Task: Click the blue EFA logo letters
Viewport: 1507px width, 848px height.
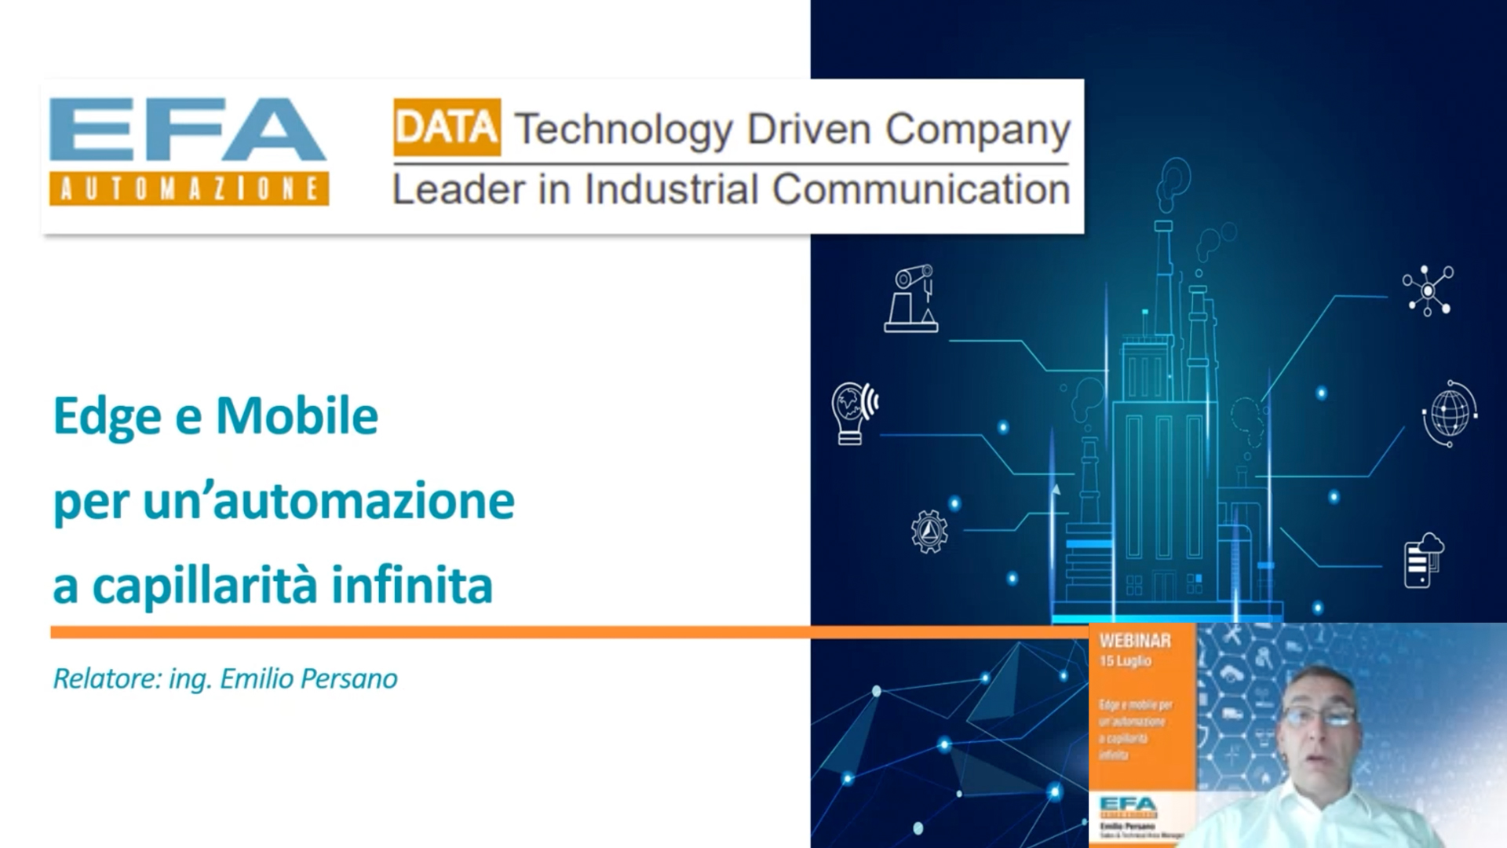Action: point(187,129)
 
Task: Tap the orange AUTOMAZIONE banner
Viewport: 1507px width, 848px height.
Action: point(188,189)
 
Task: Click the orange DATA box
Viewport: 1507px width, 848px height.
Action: point(447,127)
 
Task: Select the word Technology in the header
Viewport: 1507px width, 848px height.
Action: point(623,130)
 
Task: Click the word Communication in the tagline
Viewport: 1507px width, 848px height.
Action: point(921,190)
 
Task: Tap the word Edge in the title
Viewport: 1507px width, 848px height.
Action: point(107,417)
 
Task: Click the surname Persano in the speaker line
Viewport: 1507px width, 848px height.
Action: point(350,678)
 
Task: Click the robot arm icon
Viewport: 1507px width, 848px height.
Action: point(912,298)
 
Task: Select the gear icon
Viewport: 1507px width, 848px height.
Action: point(929,532)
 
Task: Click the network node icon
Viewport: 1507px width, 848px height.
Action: point(1428,291)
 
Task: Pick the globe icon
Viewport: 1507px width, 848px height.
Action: point(1449,413)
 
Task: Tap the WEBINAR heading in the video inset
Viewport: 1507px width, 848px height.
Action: point(1135,641)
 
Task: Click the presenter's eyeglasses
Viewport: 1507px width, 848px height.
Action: point(1319,715)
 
